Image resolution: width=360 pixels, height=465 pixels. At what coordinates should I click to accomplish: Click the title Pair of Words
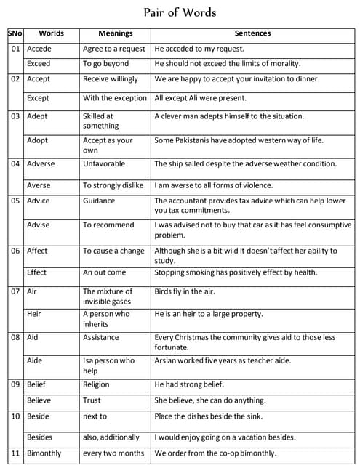(x=180, y=13)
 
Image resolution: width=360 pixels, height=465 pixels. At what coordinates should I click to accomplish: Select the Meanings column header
(x=116, y=33)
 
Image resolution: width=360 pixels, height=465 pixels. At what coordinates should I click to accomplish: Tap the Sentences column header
(x=252, y=33)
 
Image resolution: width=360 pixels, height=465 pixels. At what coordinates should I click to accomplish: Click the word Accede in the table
(x=39, y=49)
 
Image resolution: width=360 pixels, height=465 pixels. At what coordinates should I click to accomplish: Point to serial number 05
(x=15, y=201)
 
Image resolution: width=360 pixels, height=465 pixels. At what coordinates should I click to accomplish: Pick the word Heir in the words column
(x=34, y=314)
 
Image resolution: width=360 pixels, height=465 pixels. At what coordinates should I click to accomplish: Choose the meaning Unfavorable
(x=104, y=164)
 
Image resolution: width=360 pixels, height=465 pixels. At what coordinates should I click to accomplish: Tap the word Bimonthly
(x=44, y=454)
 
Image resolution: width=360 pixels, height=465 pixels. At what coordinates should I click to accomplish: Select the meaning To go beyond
(x=106, y=64)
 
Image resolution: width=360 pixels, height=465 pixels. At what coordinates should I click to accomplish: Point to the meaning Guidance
(x=99, y=201)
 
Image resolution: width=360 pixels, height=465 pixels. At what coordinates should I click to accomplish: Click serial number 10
(x=15, y=416)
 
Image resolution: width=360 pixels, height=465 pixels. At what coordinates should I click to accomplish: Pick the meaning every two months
(x=113, y=454)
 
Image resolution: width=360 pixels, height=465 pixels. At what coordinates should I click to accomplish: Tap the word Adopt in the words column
(x=37, y=140)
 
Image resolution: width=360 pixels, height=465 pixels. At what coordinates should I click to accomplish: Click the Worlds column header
(x=51, y=33)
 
